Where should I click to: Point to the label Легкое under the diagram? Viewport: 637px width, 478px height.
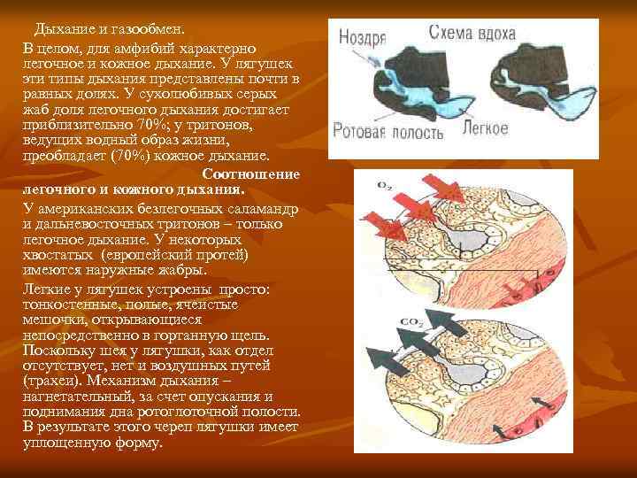(486, 128)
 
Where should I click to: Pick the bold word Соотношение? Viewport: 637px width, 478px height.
(251, 174)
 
